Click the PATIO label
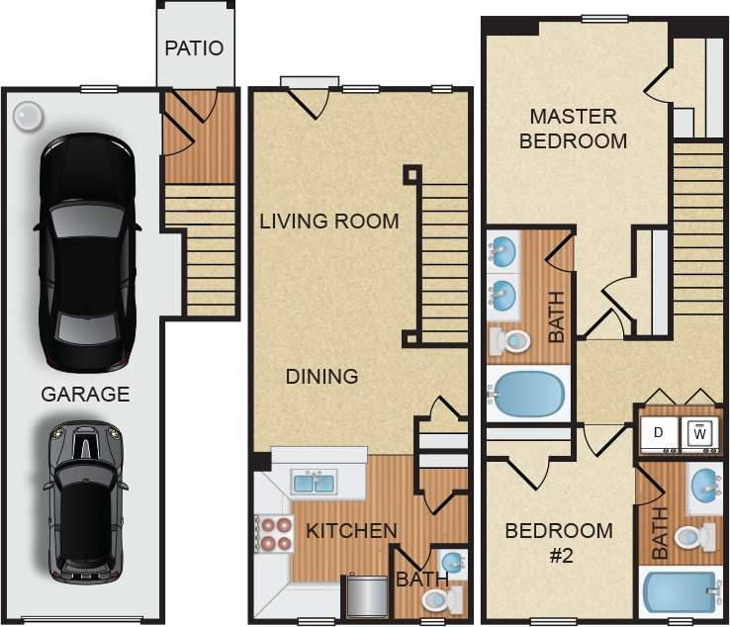point(194,47)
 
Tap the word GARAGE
point(85,395)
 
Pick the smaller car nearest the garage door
point(85,500)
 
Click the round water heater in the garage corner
point(27,116)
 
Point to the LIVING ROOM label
point(329,221)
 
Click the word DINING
point(321,376)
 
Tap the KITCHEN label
point(351,531)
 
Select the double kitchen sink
point(314,483)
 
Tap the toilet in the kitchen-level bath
point(439,599)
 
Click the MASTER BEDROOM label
point(574,128)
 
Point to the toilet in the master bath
point(510,341)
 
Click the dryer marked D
point(658,432)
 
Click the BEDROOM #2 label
point(559,542)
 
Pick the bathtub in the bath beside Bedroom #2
point(680,592)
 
